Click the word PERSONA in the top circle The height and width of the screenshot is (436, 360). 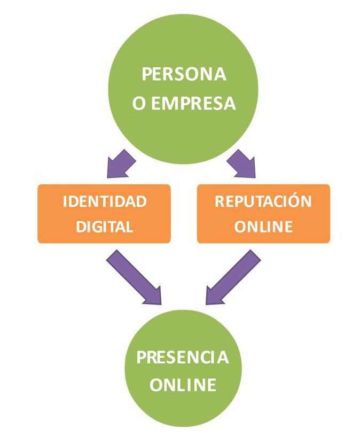click(x=183, y=74)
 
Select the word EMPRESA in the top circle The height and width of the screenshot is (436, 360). click(x=193, y=103)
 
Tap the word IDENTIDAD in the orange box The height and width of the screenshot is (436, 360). click(x=104, y=201)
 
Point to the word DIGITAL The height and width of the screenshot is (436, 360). click(x=104, y=227)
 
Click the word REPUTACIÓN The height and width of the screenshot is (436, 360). click(x=263, y=201)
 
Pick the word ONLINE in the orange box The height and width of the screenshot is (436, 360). click(x=263, y=227)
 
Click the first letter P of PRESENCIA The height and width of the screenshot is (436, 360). click(x=142, y=357)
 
